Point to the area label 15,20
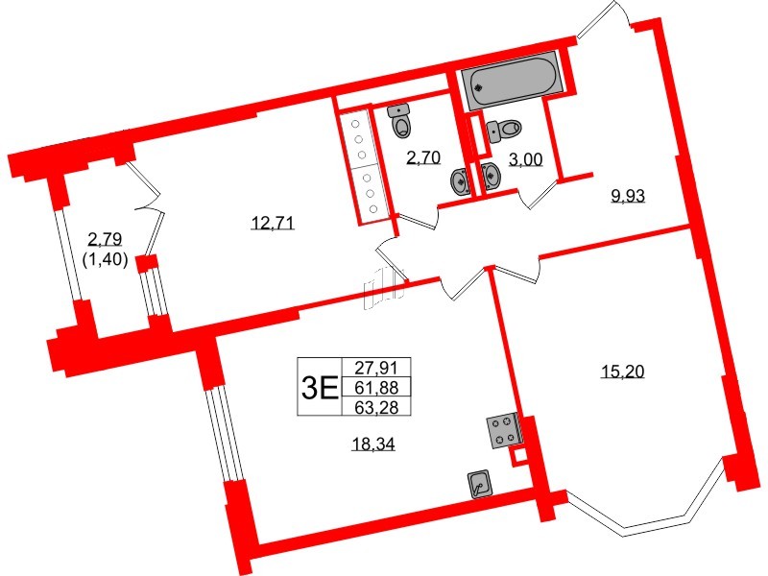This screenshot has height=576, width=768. coord(622,372)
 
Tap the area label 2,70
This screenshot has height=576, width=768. coord(423,158)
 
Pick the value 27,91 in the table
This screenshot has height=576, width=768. coord(381,366)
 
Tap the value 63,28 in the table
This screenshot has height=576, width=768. coord(381,406)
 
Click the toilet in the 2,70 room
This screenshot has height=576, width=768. coord(401,122)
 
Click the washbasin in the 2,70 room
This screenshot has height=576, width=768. coord(460,180)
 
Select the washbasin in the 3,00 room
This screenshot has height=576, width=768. coord(492,177)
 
